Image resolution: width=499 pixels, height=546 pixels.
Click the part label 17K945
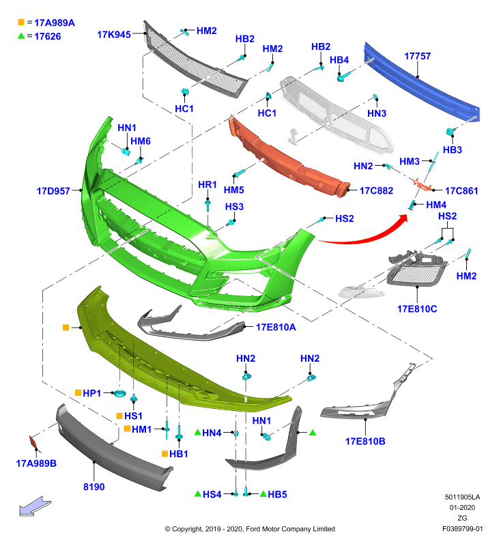pos(114,35)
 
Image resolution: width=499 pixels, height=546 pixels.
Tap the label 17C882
pos(376,190)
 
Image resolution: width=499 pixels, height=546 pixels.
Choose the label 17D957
pos(53,191)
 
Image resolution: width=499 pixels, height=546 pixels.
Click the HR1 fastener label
pos(208,184)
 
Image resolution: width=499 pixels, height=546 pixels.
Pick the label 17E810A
pos(276,327)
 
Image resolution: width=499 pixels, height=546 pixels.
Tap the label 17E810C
pos(417,309)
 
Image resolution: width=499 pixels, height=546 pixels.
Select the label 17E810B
pos(365,441)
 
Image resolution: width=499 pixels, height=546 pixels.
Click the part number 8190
pos(94,487)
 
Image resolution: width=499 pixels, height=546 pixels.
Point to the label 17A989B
pos(36,463)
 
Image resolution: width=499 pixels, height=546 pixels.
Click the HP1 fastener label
pos(92,393)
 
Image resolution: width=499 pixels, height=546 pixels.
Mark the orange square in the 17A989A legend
pos(21,22)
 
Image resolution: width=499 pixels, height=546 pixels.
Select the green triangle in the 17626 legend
pos(21,35)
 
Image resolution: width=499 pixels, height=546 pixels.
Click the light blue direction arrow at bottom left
pos(34,506)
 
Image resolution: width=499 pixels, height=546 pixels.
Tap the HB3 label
pos(452,149)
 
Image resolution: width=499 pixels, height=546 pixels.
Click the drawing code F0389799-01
pos(462,528)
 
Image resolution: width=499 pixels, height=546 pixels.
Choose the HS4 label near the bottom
pos(212,494)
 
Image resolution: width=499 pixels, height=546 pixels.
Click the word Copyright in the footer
pos(187,529)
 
